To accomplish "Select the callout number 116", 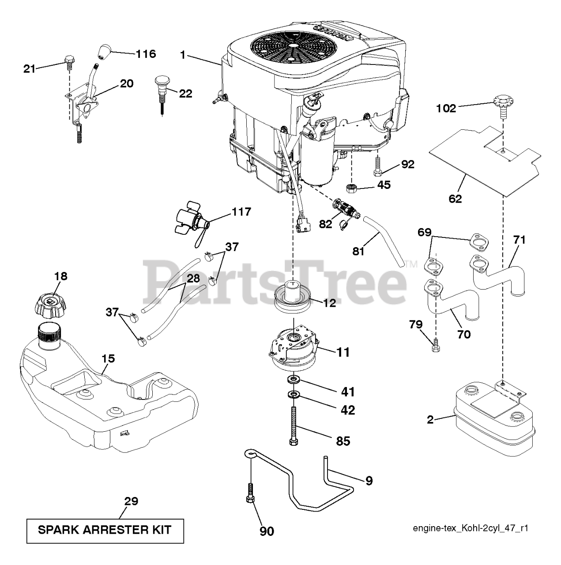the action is (146, 54).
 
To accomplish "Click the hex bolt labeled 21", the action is (68, 62).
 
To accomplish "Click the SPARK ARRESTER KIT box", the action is (105, 530).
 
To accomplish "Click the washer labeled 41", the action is (293, 380).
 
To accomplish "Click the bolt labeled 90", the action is (250, 494).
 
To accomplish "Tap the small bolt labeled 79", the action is (436, 345).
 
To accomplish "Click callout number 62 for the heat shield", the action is (455, 199).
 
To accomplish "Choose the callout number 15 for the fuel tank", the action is (108, 358).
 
